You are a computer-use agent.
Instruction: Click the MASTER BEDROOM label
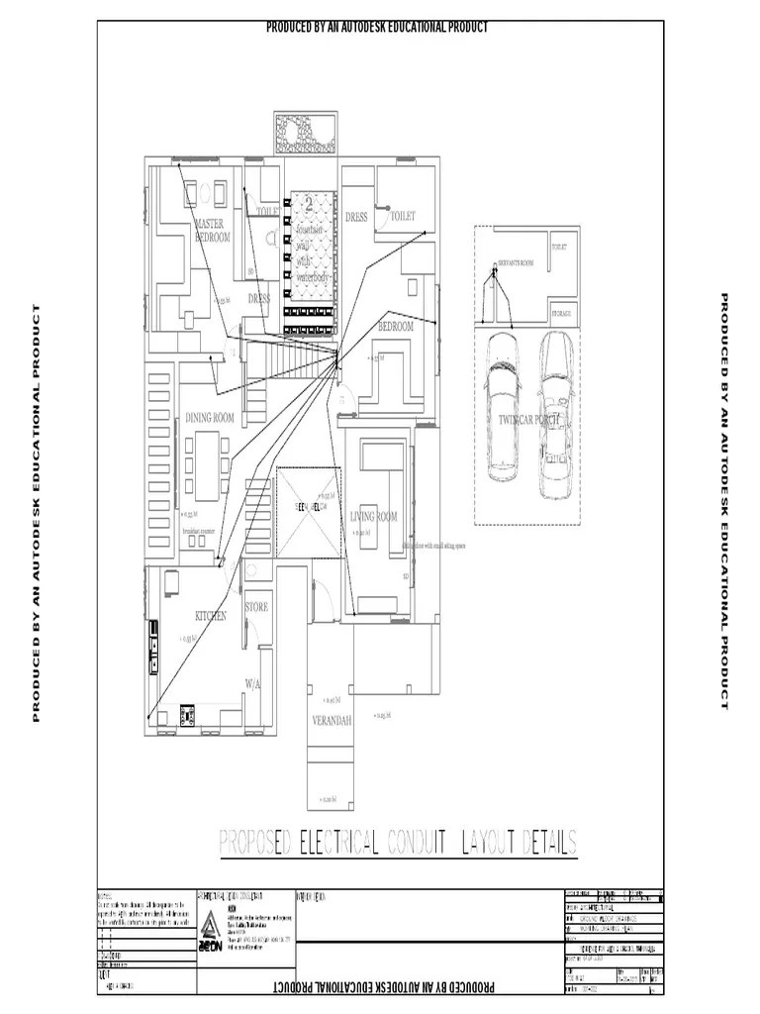click(x=212, y=231)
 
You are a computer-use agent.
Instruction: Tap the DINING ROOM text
click(x=210, y=419)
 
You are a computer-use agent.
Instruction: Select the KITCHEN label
click(x=211, y=616)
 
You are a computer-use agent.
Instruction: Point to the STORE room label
click(x=256, y=607)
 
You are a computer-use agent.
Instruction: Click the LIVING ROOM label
click(x=373, y=517)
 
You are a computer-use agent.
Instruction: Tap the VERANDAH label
click(x=332, y=720)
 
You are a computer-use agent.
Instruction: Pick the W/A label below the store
click(x=253, y=683)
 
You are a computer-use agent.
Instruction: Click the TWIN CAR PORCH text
click(x=530, y=420)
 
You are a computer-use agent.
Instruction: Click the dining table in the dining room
click(x=208, y=465)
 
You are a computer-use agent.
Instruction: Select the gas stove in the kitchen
click(x=187, y=711)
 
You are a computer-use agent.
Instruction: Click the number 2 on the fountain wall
click(x=309, y=206)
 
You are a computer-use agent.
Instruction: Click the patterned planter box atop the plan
click(x=305, y=132)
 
